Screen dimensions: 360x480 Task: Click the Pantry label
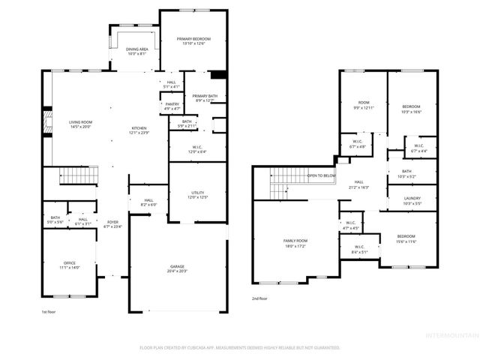[x=172, y=106]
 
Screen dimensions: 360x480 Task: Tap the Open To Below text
[x=322, y=175]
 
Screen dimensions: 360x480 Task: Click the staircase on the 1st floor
[x=79, y=176]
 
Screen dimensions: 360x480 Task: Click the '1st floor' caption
[x=49, y=310]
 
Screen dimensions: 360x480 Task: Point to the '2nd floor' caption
[x=261, y=298]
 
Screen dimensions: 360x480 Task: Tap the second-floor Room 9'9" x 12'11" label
[x=364, y=104]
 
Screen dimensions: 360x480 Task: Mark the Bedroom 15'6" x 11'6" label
[x=406, y=238]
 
